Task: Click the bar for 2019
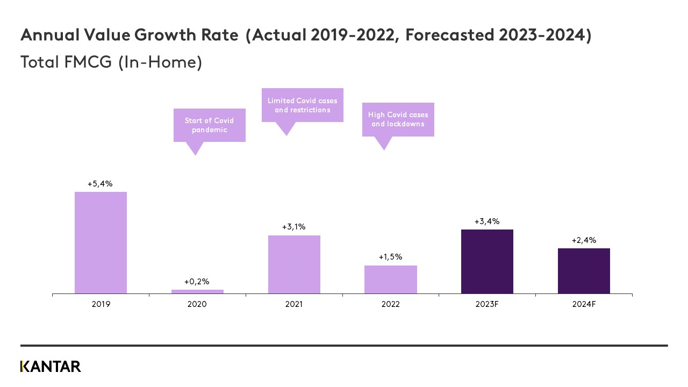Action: [101, 242]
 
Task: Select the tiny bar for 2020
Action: [197, 291]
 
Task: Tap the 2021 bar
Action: [294, 264]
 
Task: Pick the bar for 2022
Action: [390, 279]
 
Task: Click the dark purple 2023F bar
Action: [487, 261]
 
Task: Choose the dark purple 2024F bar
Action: [584, 270]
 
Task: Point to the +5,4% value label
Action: [100, 184]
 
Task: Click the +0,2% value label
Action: [197, 282]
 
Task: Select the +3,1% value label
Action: [293, 227]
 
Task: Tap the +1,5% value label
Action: [390, 257]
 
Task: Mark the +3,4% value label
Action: [487, 221]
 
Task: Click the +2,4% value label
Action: [584, 240]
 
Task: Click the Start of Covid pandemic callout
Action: [209, 125]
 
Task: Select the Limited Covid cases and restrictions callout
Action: [302, 105]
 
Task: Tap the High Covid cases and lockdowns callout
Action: [398, 119]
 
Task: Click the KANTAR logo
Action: [51, 367]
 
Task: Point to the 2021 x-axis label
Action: [294, 304]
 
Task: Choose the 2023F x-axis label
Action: [487, 304]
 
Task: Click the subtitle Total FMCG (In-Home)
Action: [111, 62]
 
